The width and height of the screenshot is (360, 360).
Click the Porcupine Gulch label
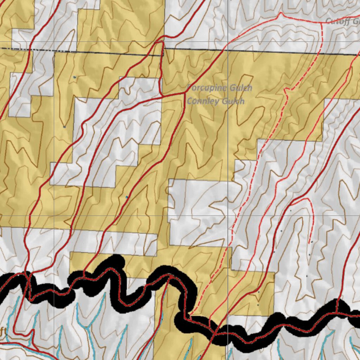point(219,88)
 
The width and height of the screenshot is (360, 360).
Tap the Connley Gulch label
point(216,101)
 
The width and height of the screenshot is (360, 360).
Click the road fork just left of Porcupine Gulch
point(185,93)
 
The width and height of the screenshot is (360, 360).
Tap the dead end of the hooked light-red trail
point(309,243)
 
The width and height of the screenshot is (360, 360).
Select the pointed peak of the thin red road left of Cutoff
point(281,14)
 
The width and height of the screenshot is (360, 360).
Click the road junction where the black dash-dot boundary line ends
point(162,42)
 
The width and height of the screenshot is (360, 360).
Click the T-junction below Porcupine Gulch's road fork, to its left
point(161,95)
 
